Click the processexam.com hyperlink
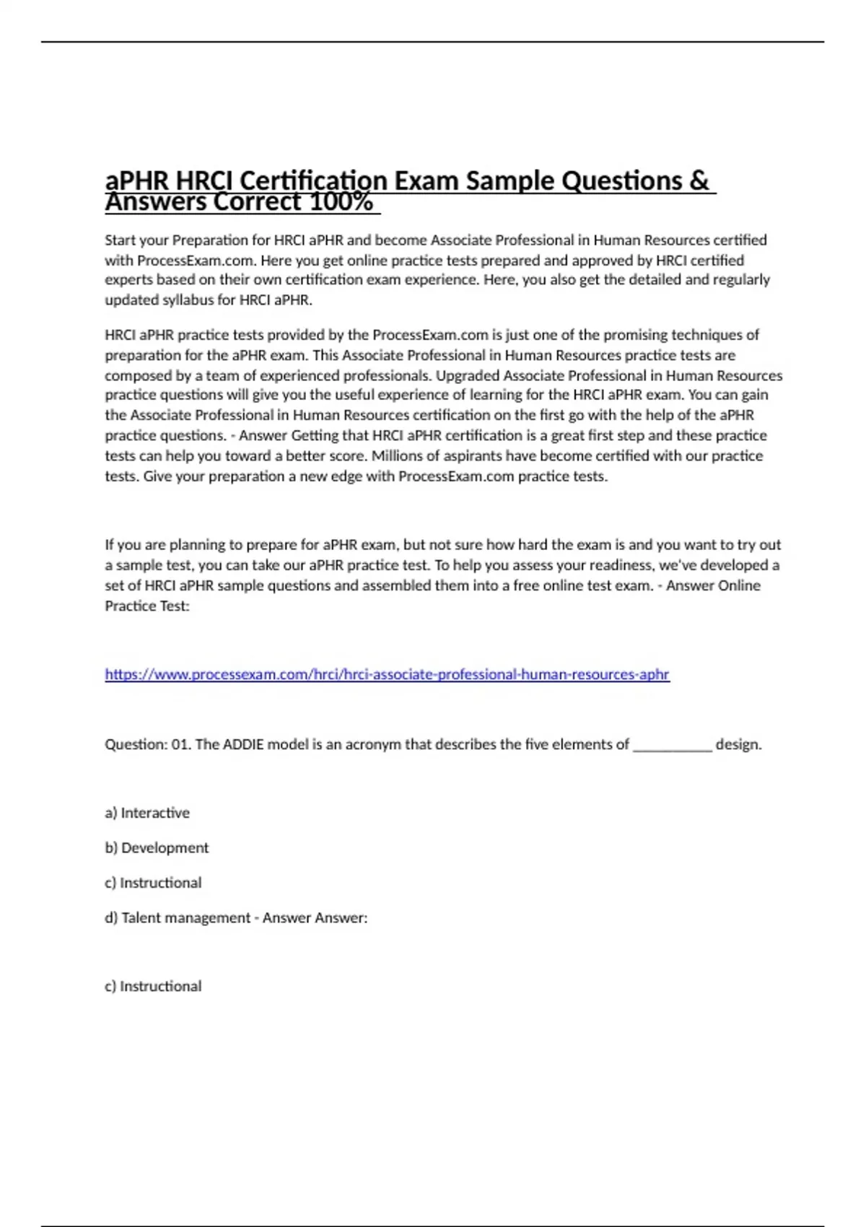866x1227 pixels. tap(387, 674)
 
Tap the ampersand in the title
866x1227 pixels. tap(699, 180)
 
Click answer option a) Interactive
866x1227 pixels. tap(147, 813)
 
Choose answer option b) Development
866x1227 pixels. tap(157, 847)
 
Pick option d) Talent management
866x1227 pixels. tap(178, 917)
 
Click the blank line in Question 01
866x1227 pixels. tap(672, 746)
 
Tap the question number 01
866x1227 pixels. tap(180, 744)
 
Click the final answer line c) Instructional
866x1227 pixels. tap(153, 986)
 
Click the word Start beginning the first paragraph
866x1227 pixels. tap(121, 240)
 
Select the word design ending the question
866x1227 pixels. tap(738, 744)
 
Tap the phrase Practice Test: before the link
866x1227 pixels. tap(147, 606)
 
